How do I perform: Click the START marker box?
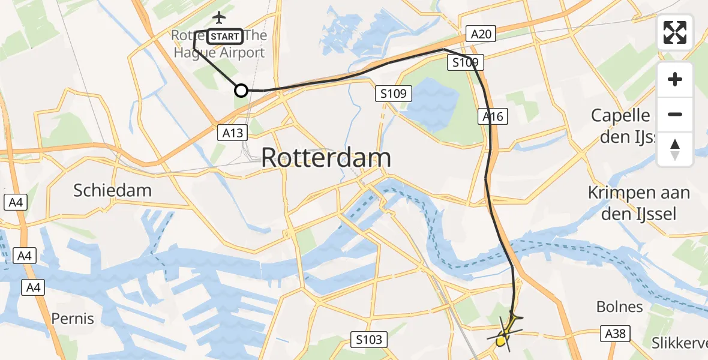pos(225,37)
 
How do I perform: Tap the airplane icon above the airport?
pos(220,18)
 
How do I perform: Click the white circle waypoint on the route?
pos(241,91)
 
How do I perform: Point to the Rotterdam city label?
pos(326,158)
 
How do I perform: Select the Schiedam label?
pos(112,191)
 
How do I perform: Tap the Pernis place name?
pos(73,318)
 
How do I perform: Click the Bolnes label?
pos(619,307)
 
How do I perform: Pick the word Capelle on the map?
pos(620,115)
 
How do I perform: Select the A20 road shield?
pos(481,34)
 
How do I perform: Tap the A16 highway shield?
pos(493,117)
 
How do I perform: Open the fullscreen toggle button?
pos(675,32)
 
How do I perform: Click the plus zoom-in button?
pos(675,79)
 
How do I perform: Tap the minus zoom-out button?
pos(675,114)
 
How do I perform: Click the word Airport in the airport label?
pos(242,53)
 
